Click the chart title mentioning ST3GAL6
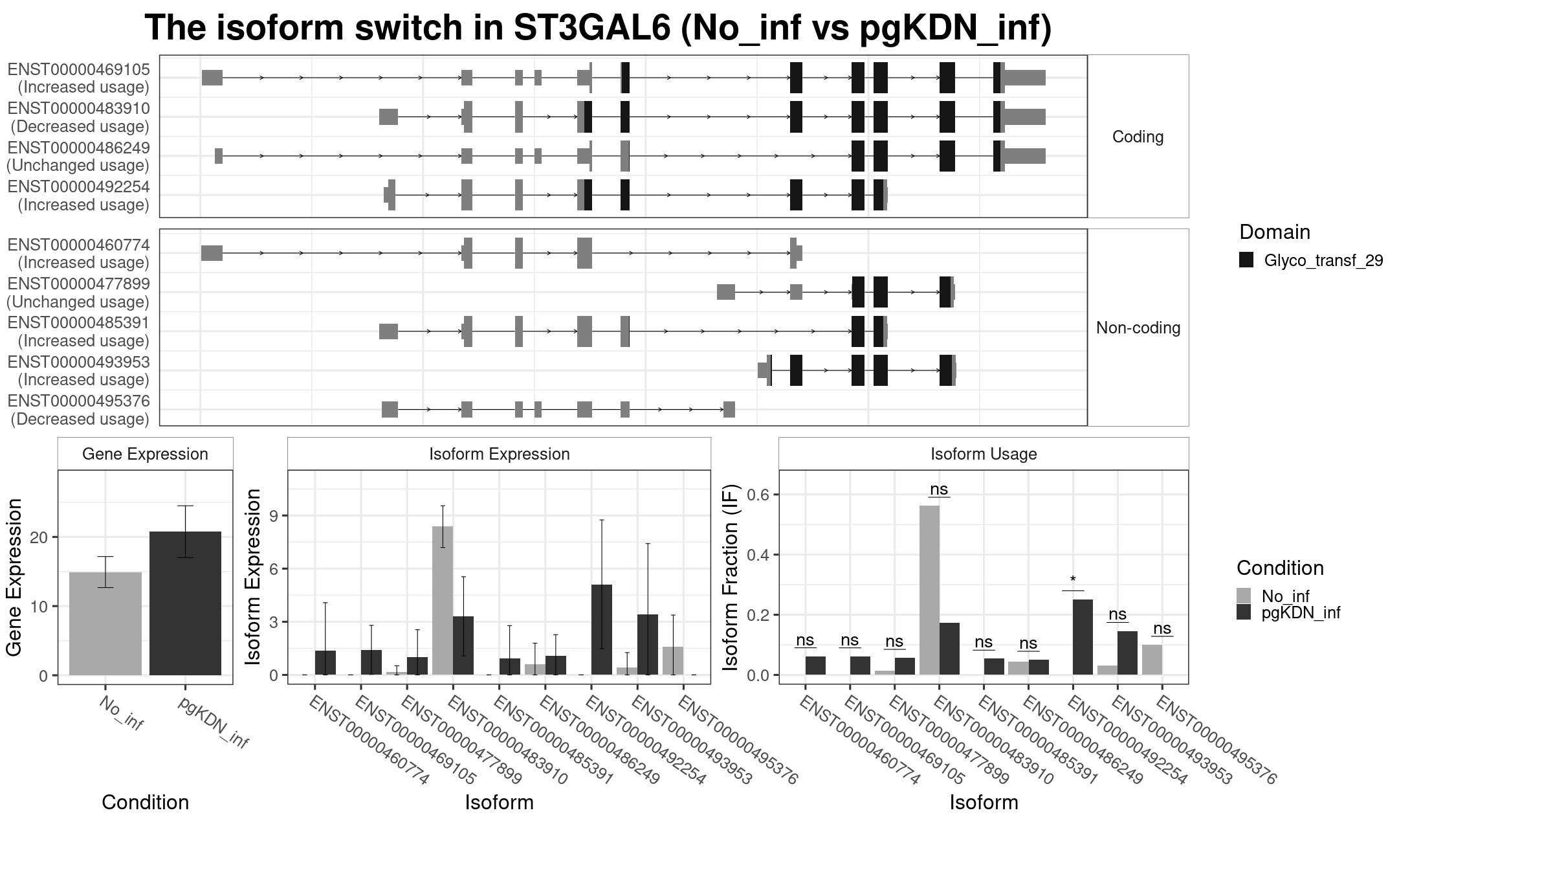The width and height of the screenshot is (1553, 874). (x=598, y=28)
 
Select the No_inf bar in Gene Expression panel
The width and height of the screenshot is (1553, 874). (x=105, y=623)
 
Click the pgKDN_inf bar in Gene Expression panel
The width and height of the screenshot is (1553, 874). (x=185, y=603)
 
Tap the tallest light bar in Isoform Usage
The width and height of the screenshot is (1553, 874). (x=929, y=590)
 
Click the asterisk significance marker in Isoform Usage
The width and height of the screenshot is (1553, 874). (x=1073, y=579)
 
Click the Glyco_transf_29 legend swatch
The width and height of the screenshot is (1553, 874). (x=1246, y=260)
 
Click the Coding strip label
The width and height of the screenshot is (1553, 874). (x=1138, y=137)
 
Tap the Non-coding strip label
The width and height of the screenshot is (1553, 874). (x=1138, y=328)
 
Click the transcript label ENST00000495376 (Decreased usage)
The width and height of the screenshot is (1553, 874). (x=79, y=410)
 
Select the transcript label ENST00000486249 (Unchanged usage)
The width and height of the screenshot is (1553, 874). (x=78, y=157)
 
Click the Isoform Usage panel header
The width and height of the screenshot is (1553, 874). (x=984, y=454)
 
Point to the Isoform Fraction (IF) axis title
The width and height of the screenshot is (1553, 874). (x=731, y=577)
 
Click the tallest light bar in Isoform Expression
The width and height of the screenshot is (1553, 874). (x=443, y=601)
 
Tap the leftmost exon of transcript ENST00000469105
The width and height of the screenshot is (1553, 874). (x=212, y=78)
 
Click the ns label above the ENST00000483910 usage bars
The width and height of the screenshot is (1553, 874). (x=939, y=489)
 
